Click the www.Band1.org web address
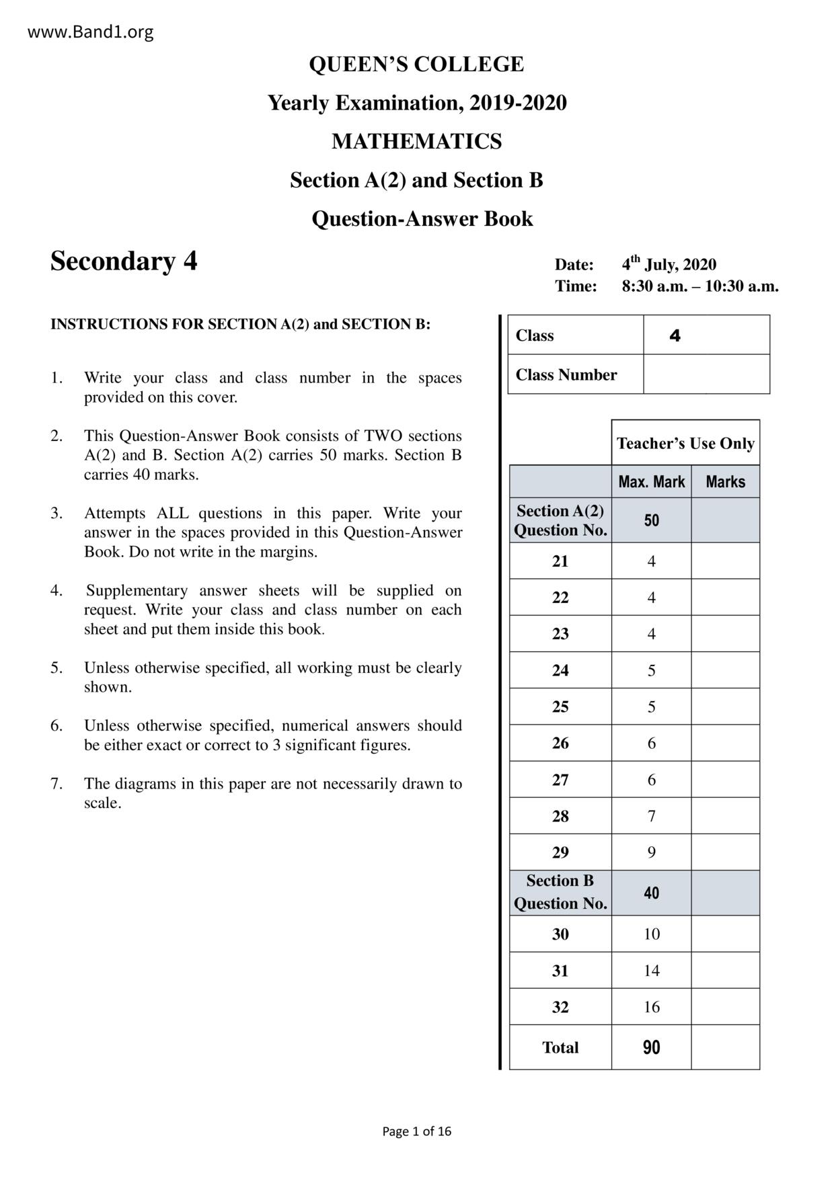90,32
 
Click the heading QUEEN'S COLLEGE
416,65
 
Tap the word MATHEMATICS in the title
416,142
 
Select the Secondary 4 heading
124,261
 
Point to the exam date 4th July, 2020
669,263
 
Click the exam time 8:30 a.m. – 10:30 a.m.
699,286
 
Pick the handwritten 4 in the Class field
675,335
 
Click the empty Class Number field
706,374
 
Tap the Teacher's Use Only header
685,444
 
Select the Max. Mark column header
651,482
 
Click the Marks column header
725,482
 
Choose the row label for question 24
560,670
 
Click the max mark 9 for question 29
651,852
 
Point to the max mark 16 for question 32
651,1007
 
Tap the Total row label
560,1047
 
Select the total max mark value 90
651,1047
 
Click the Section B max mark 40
651,893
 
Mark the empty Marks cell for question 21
725,561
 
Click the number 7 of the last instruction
56,784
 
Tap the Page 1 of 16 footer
416,1131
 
